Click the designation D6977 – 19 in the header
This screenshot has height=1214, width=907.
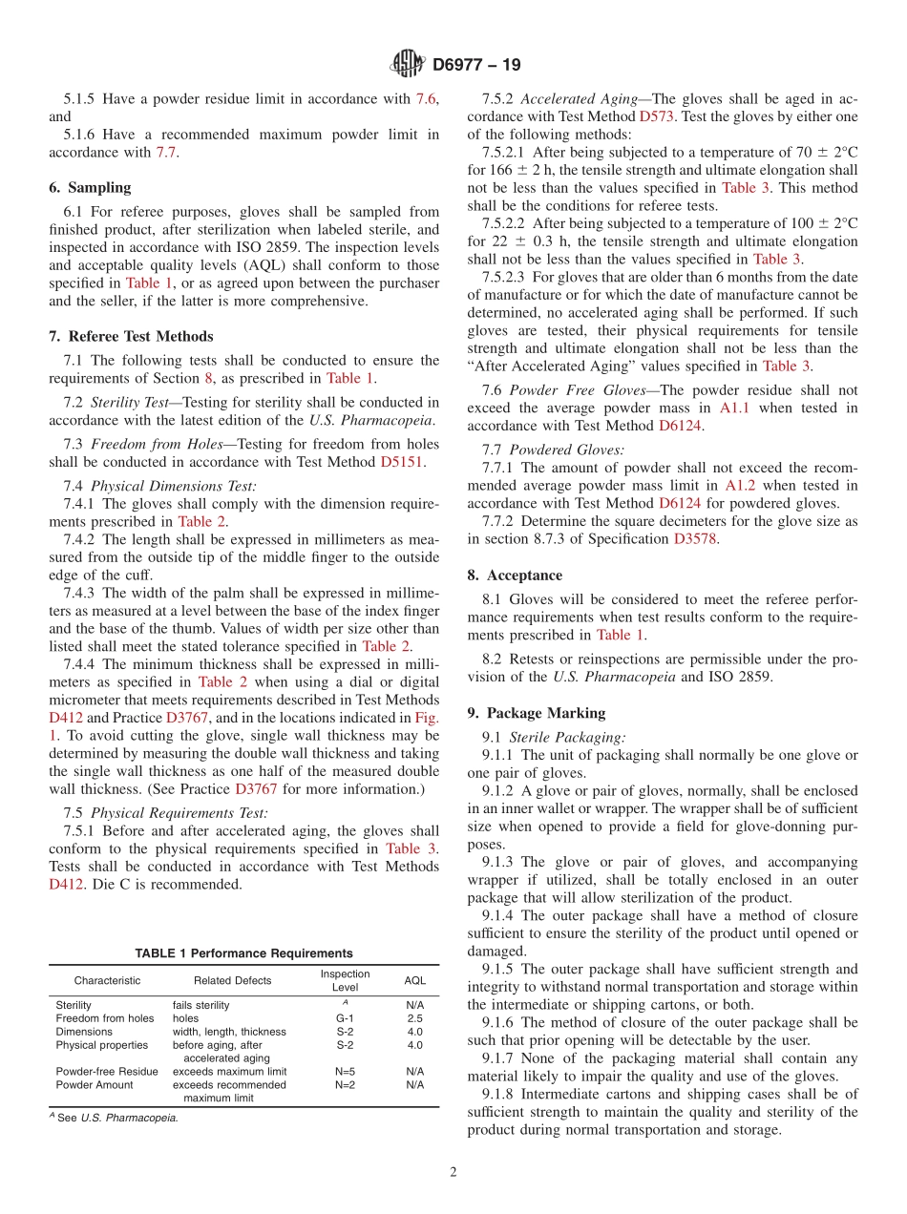(x=476, y=66)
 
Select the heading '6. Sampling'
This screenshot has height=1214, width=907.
(x=90, y=187)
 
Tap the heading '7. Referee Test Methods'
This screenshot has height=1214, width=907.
(x=131, y=336)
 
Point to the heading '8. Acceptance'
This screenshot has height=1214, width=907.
(x=515, y=575)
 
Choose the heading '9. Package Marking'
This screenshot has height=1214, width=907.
(x=537, y=712)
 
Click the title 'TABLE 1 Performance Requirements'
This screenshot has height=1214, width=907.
(x=243, y=953)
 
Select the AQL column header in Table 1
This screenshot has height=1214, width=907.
(x=414, y=980)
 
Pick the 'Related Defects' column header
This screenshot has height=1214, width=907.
(x=232, y=980)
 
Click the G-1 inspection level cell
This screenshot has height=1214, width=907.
(x=345, y=1018)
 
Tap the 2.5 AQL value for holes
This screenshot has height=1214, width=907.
(x=414, y=1018)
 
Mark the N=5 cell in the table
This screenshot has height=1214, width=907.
(x=345, y=1072)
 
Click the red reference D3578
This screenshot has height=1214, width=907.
(x=696, y=538)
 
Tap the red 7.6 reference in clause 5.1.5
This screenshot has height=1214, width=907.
(x=426, y=98)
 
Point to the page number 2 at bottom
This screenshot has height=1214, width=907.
(x=453, y=1172)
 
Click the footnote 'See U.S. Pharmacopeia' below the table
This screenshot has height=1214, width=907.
(x=116, y=1118)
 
